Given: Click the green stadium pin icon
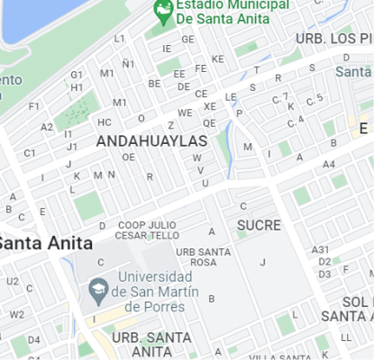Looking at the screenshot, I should coord(163,11).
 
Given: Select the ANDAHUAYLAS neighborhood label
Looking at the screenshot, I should coord(151,141).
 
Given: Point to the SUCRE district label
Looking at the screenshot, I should coord(260,225).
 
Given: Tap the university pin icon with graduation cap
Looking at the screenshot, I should coord(98,290).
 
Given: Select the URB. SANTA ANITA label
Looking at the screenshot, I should coord(151,344).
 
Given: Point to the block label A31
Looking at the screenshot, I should coord(320,249).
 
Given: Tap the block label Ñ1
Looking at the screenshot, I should coord(129,63).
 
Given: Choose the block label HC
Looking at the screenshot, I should coord(105,122).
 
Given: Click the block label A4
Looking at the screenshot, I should coord(329,164).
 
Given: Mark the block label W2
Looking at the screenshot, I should coord(17,314).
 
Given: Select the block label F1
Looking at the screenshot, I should coord(34,106).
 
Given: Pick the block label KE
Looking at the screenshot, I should coord(217,59).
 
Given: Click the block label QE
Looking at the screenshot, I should coord(209,123).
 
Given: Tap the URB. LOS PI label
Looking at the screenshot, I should coord(334,40).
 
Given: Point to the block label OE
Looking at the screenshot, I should coord(129,157).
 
